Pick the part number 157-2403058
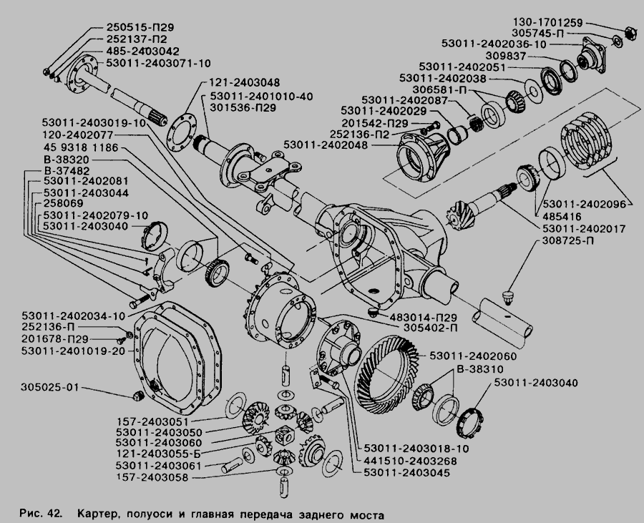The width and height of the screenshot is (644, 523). coord(155,477)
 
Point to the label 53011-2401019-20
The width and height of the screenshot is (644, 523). coord(74,351)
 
